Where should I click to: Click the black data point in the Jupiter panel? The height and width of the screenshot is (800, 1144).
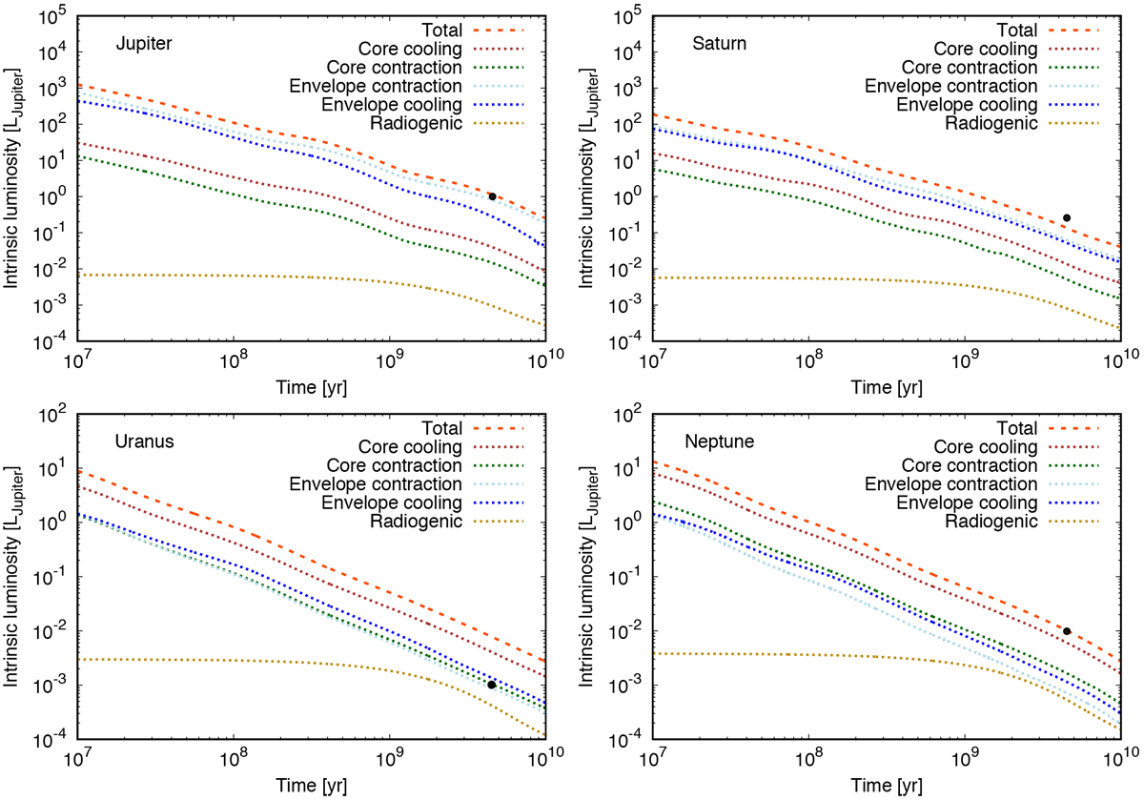pyautogui.click(x=492, y=195)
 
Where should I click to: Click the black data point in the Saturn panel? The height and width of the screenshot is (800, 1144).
pyautogui.click(x=1067, y=217)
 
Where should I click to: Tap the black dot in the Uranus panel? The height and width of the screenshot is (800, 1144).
pyautogui.click(x=491, y=685)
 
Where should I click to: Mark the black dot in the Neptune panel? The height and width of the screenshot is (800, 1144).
pyautogui.click(x=1067, y=631)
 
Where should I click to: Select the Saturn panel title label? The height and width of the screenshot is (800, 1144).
pyautogui.click(x=715, y=45)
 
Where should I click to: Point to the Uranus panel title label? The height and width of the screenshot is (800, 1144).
pyautogui.click(x=140, y=443)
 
